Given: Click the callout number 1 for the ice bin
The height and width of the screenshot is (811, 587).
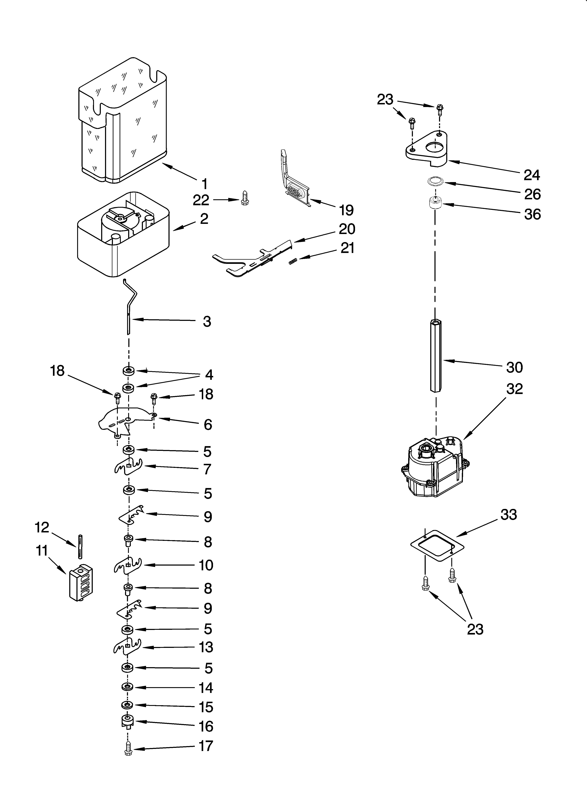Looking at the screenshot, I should pos(204,184).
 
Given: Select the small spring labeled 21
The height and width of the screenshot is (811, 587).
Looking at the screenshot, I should pos(293,262).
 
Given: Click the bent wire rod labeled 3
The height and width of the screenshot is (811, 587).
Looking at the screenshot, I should pos(129,308).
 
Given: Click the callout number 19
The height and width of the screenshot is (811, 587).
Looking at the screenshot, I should pos(346,210).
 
